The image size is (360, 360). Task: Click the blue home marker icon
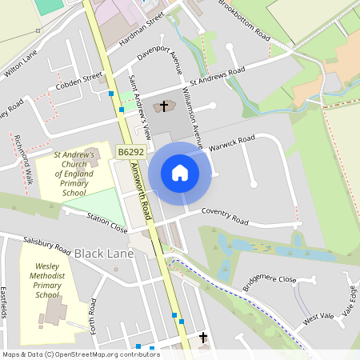coord(180,172)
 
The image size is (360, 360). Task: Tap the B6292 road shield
coord(130,151)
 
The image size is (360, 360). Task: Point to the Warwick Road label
coord(231,143)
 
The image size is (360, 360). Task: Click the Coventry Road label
coord(225,216)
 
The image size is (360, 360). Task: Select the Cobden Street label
coord(80,82)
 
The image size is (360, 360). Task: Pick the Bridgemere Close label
coord(268,284)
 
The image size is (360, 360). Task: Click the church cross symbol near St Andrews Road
coord(165,106)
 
